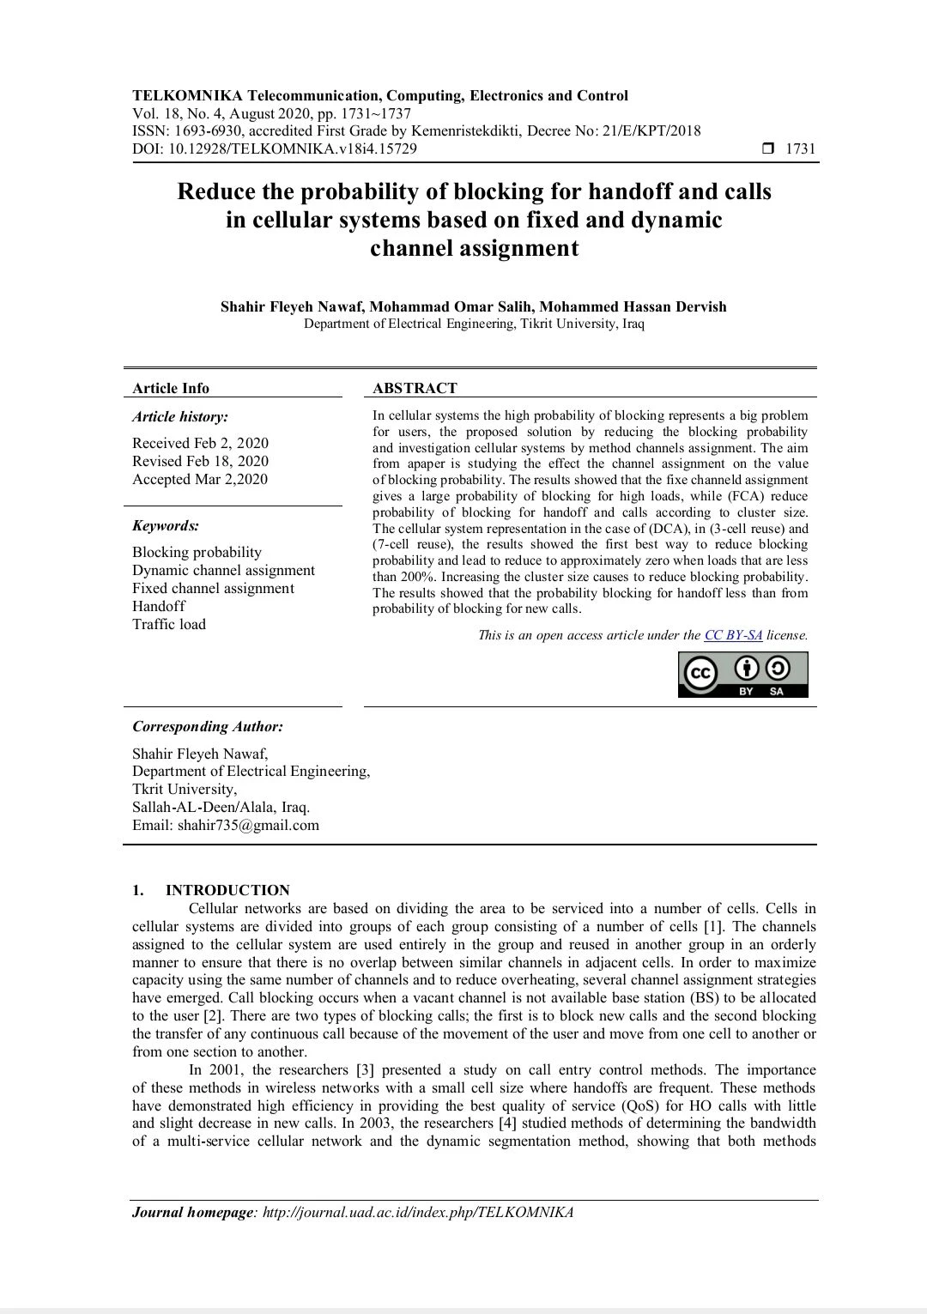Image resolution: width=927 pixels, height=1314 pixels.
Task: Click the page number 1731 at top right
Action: click(x=800, y=148)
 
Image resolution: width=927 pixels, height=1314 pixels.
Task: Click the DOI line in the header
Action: click(x=275, y=148)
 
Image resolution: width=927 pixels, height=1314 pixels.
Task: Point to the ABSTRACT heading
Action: click(x=415, y=388)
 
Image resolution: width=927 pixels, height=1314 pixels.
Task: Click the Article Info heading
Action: click(x=171, y=388)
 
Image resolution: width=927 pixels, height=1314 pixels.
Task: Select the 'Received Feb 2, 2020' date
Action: click(x=200, y=443)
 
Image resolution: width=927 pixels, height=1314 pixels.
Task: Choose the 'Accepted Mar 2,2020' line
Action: click(x=200, y=479)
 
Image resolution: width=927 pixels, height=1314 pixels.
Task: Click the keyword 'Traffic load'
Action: click(x=169, y=624)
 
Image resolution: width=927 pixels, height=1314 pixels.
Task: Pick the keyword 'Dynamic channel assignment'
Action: click(x=223, y=570)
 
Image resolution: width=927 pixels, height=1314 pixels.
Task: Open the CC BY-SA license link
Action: click(x=733, y=635)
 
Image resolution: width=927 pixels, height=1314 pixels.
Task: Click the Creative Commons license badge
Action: click(x=743, y=675)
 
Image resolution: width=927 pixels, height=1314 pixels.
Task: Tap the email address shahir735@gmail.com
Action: click(x=248, y=825)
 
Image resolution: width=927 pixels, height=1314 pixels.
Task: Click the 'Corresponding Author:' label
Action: click(x=208, y=726)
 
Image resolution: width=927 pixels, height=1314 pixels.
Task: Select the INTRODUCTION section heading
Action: click(x=227, y=890)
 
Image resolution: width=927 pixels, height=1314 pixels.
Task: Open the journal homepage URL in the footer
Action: click(x=417, y=1212)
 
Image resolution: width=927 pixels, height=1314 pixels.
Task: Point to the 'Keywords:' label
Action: click(x=166, y=525)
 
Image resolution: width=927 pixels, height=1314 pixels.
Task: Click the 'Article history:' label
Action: click(x=180, y=416)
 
